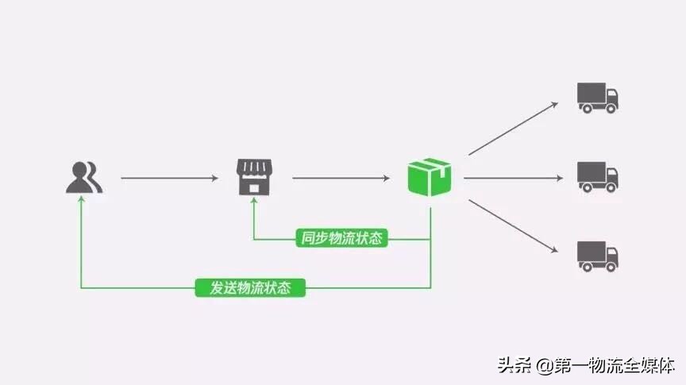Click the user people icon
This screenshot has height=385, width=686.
tap(83, 178)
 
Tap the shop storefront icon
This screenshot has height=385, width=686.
tap(253, 176)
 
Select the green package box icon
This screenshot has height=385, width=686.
tap(430, 176)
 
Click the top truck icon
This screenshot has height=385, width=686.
tap(597, 97)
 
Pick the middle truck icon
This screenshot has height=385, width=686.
tap(597, 176)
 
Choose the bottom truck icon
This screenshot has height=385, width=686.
tap(597, 256)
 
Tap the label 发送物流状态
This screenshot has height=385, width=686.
tap(250, 287)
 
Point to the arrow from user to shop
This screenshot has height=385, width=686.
tap(168, 179)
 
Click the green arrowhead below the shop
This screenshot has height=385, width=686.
tap(253, 203)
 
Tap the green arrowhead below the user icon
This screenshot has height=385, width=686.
tap(82, 202)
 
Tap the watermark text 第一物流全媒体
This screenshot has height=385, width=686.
tap(615, 366)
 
